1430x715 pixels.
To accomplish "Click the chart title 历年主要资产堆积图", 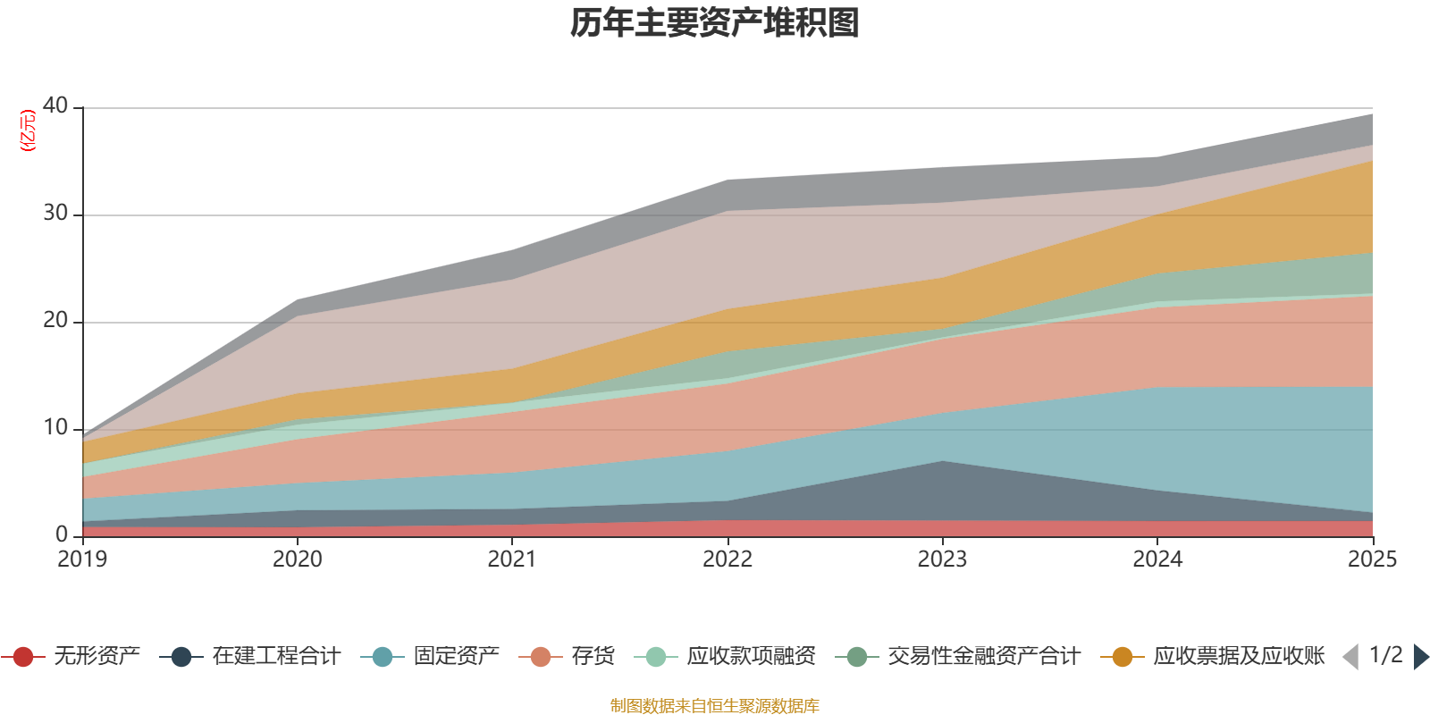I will click(715, 23).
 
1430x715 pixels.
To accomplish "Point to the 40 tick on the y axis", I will click(55, 105).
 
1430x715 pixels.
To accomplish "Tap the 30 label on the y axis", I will click(55, 213).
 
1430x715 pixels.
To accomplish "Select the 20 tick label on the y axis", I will click(55, 320).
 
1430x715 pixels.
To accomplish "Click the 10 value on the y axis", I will click(55, 427).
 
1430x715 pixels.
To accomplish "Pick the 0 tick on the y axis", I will click(62, 534).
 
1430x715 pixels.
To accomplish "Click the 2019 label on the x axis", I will click(82, 559).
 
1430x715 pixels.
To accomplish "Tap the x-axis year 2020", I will click(298, 559).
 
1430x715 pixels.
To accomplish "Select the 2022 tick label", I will click(728, 559).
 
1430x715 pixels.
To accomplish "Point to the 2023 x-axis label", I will click(942, 559).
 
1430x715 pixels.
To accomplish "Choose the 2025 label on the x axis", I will click(1372, 559).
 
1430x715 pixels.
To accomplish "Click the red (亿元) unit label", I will click(28, 130).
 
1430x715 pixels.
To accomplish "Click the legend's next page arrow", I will click(1420, 657).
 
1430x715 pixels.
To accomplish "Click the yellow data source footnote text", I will click(715, 706).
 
